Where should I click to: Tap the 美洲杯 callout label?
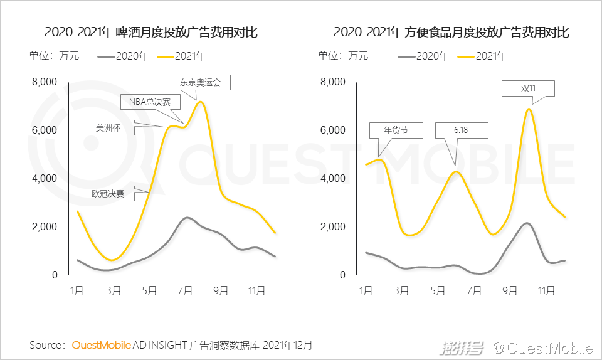tap(108, 127)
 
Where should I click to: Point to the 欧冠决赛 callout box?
tap(108, 193)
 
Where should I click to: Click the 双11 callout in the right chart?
tap(528, 88)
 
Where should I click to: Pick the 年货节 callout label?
tap(395, 130)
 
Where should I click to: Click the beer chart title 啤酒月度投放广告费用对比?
tap(150, 33)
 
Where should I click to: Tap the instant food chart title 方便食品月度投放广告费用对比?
tap(451, 33)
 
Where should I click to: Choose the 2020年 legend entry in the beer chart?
tap(124, 56)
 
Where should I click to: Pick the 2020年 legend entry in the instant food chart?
tap(424, 56)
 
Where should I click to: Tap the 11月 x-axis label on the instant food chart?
tap(547, 291)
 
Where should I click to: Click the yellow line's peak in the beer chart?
tap(200, 102)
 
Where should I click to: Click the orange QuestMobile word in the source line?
tap(102, 345)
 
